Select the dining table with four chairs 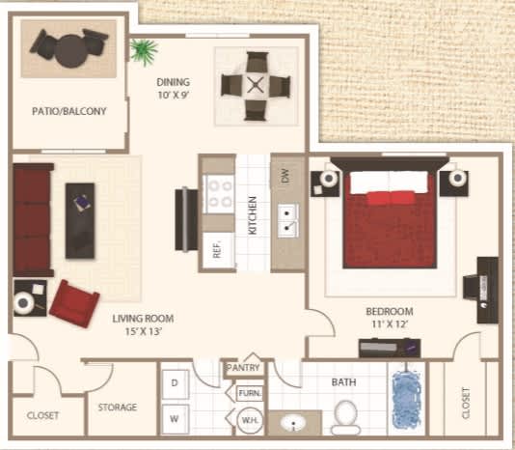256,85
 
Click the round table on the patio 70,48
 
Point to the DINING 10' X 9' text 174,89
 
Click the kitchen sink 286,221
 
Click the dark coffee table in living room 80,220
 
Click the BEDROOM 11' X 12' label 389,318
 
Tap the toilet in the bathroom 344,416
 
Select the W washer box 175,417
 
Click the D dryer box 175,383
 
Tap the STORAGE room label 118,408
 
